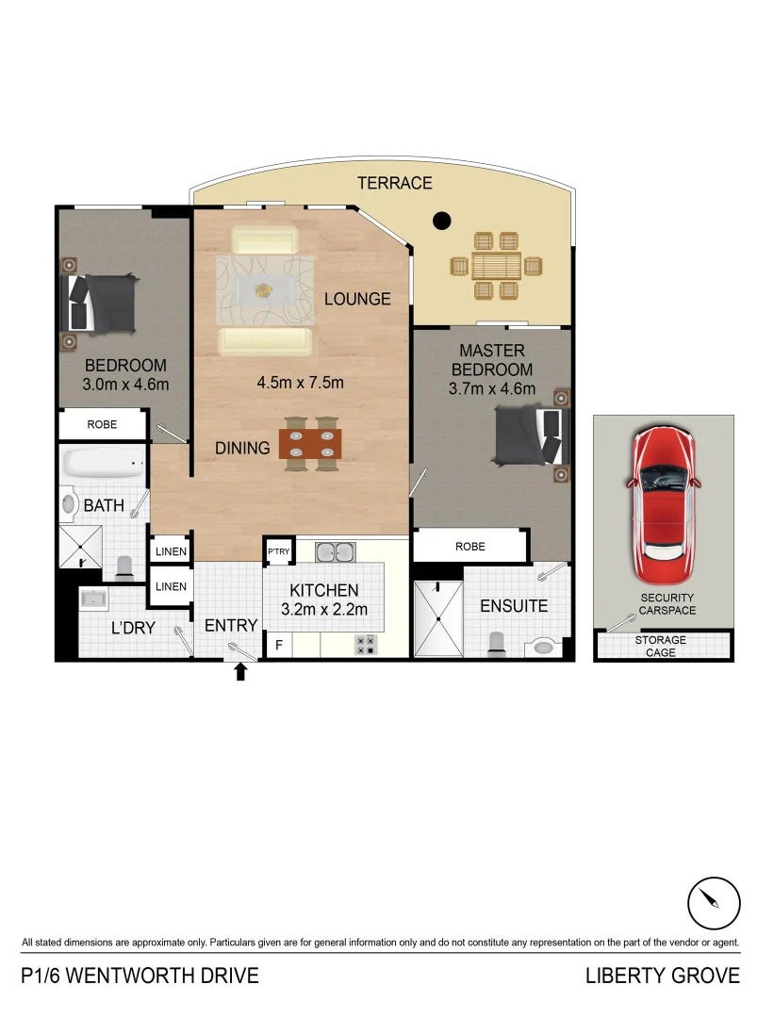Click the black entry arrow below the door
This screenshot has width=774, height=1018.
240,671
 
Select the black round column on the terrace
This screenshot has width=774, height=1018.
440,222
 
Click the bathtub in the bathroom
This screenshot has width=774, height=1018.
103,463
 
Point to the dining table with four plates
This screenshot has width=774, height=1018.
310,443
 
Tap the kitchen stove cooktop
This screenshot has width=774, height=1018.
365,645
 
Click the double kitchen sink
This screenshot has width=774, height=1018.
334,552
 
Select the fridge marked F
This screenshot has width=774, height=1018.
279,646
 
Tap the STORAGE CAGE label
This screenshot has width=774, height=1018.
661,647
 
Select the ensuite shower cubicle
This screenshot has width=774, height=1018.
437,618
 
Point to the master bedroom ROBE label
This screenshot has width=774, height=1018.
469,546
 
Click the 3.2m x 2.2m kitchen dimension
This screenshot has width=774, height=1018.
324,610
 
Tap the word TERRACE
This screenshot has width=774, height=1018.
394,183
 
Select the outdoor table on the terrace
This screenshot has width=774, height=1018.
497,266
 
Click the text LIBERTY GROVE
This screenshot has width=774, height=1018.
662,976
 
